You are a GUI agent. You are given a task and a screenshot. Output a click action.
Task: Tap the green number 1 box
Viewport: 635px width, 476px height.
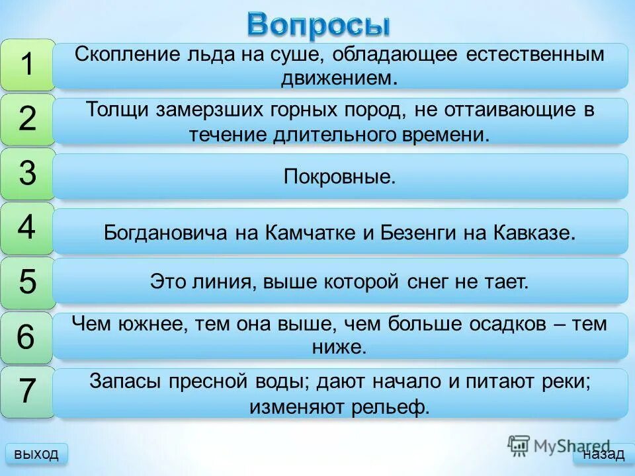point(27,65)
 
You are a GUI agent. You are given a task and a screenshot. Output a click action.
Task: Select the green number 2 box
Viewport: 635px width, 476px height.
point(27,120)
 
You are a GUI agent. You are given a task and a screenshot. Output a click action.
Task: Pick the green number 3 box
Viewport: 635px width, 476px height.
point(27,174)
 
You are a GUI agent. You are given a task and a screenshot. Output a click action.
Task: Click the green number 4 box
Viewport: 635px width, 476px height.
point(27,228)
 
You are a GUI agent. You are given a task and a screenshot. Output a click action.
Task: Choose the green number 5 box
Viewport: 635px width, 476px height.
point(27,283)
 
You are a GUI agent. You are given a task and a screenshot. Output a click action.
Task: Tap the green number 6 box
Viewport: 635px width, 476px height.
point(27,337)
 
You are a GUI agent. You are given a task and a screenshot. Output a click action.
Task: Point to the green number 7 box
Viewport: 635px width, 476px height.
point(27,391)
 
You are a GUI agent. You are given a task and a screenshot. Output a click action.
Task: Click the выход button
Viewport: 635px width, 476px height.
point(36,454)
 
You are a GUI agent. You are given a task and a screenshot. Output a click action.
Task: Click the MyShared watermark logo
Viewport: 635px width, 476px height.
point(559,445)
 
